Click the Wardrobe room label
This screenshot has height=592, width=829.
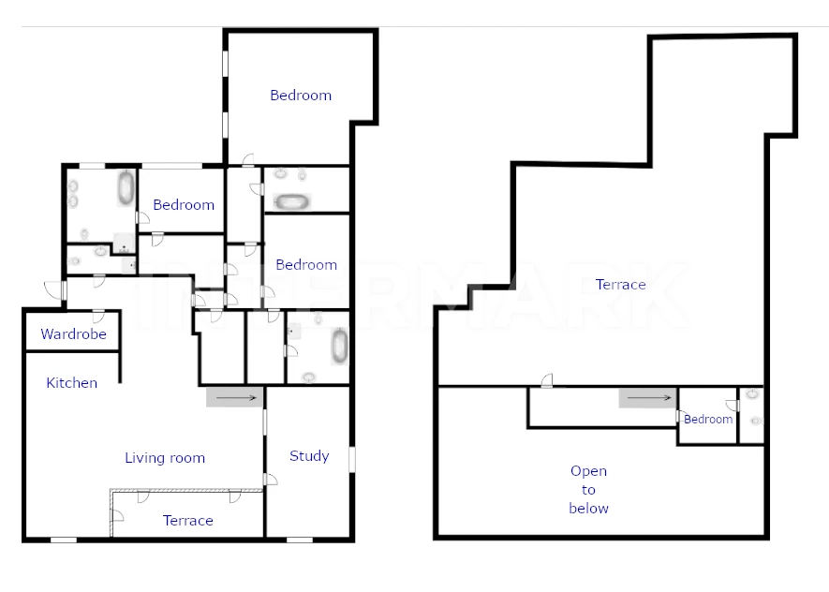73,334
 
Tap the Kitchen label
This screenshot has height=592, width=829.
72,383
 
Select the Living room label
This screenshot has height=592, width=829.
165,458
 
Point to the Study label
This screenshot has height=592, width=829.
309,455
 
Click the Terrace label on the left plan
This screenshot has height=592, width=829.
188,521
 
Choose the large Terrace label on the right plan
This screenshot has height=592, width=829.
621,285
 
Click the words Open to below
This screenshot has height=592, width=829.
588,490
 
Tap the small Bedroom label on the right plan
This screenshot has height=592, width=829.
708,419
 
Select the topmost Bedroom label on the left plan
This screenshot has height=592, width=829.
301,96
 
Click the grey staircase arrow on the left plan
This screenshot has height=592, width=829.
235,397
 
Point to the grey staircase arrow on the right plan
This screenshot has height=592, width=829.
647,397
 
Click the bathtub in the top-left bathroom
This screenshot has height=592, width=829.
126,187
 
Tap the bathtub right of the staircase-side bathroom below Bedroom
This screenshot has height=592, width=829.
340,347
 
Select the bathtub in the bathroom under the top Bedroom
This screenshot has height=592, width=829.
292,201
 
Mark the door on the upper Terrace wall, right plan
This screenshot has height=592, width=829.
547,380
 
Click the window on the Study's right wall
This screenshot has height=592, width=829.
351,459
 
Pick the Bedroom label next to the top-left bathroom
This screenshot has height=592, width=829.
184,204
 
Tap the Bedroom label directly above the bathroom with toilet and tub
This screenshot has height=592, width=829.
306,264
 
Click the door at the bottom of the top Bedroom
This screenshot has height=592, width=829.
248,160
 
